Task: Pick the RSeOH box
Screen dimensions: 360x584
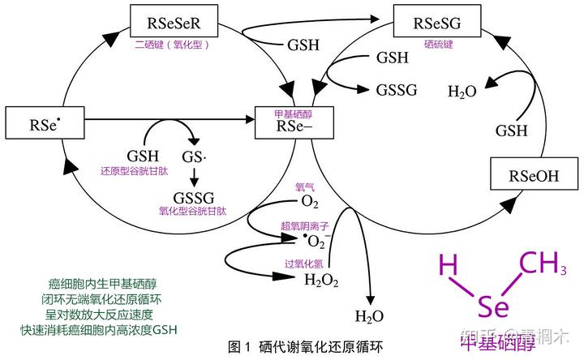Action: [x=534, y=176]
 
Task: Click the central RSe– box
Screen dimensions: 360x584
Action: [x=293, y=123]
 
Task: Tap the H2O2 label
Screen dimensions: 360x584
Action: [x=320, y=281]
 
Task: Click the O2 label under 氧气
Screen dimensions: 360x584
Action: [x=309, y=201]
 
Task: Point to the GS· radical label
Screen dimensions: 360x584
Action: [x=195, y=156]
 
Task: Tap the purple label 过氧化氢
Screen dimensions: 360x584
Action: [x=304, y=264]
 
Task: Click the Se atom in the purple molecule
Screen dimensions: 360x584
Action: [x=493, y=307]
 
